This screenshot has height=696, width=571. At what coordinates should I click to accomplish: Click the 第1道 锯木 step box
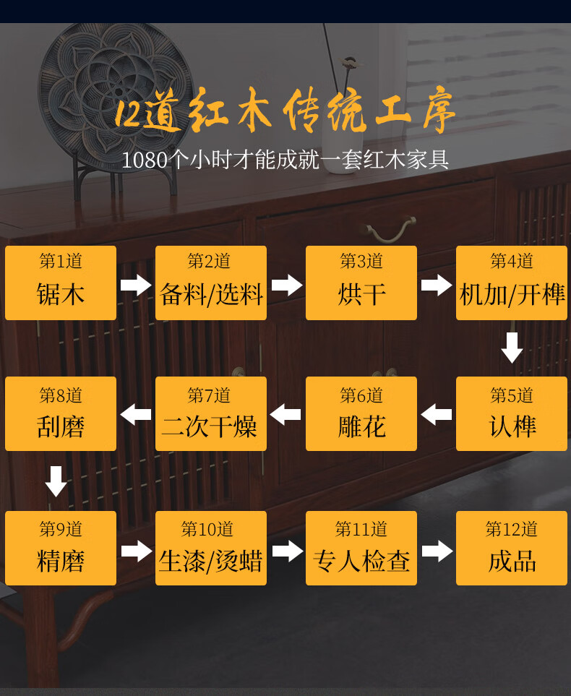(x=61, y=283)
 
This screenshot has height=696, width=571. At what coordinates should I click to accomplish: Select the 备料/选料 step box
(x=211, y=283)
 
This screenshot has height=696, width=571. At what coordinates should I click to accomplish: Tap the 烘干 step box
(x=361, y=283)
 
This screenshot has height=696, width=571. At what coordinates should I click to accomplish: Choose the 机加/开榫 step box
(x=512, y=283)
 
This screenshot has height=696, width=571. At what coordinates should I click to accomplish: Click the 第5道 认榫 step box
(x=512, y=413)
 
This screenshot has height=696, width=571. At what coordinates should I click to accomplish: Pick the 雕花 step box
(x=361, y=413)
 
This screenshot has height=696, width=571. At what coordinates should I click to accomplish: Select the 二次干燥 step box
(x=211, y=413)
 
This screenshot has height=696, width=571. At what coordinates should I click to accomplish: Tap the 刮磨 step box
(x=61, y=413)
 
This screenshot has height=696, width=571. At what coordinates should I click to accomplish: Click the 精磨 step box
(x=61, y=548)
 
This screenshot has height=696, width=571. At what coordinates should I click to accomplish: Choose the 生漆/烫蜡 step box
(x=211, y=548)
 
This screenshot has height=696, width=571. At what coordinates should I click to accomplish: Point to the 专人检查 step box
(x=361, y=548)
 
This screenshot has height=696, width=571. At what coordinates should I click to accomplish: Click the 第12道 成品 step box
(x=512, y=548)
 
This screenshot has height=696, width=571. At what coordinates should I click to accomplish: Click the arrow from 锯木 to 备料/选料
(x=136, y=284)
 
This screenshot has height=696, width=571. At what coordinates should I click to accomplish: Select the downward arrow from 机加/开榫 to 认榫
(x=512, y=348)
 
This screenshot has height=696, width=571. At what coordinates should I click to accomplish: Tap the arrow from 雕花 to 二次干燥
(x=286, y=415)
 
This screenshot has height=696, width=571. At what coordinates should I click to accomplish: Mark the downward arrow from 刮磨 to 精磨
(x=56, y=481)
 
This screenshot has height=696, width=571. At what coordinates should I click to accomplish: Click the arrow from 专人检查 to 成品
(x=437, y=551)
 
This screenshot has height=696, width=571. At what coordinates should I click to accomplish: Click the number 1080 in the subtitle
(x=144, y=160)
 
